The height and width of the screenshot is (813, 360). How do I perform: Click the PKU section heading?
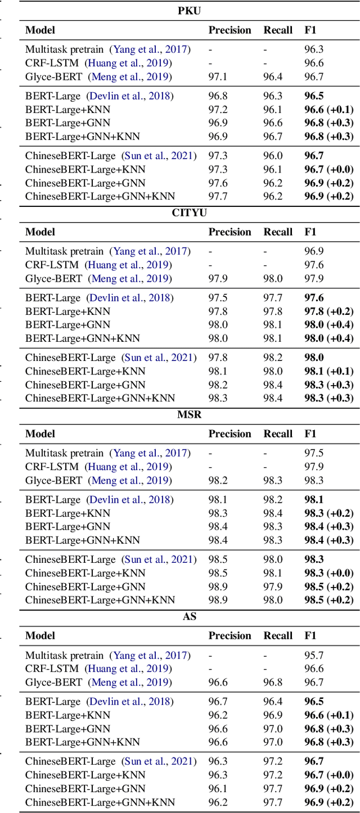tap(190, 11)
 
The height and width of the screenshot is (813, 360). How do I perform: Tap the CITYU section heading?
tap(190, 213)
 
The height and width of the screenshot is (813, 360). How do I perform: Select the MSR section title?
tap(190, 415)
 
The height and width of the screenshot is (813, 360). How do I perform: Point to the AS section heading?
tap(190, 617)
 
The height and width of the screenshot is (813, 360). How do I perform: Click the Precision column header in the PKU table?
tap(229, 30)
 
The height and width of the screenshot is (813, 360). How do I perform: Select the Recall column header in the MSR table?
tap(278, 433)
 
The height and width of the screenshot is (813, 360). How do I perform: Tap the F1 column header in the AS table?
tap(310, 635)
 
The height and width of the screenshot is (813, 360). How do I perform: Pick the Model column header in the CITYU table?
tap(40, 232)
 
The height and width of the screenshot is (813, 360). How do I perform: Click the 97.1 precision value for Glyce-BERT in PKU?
tap(218, 76)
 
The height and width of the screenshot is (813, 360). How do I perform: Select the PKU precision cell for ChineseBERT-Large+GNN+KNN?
tap(218, 196)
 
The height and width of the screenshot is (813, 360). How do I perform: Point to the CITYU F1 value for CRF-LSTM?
tap(314, 265)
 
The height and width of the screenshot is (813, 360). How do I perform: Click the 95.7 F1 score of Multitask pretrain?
tap(314, 656)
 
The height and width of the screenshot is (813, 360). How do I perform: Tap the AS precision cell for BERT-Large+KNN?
tap(218, 715)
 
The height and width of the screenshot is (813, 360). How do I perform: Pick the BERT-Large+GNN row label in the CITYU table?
tap(67, 324)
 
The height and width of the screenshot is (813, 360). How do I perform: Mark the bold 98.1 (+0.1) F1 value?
tap(328, 371)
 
